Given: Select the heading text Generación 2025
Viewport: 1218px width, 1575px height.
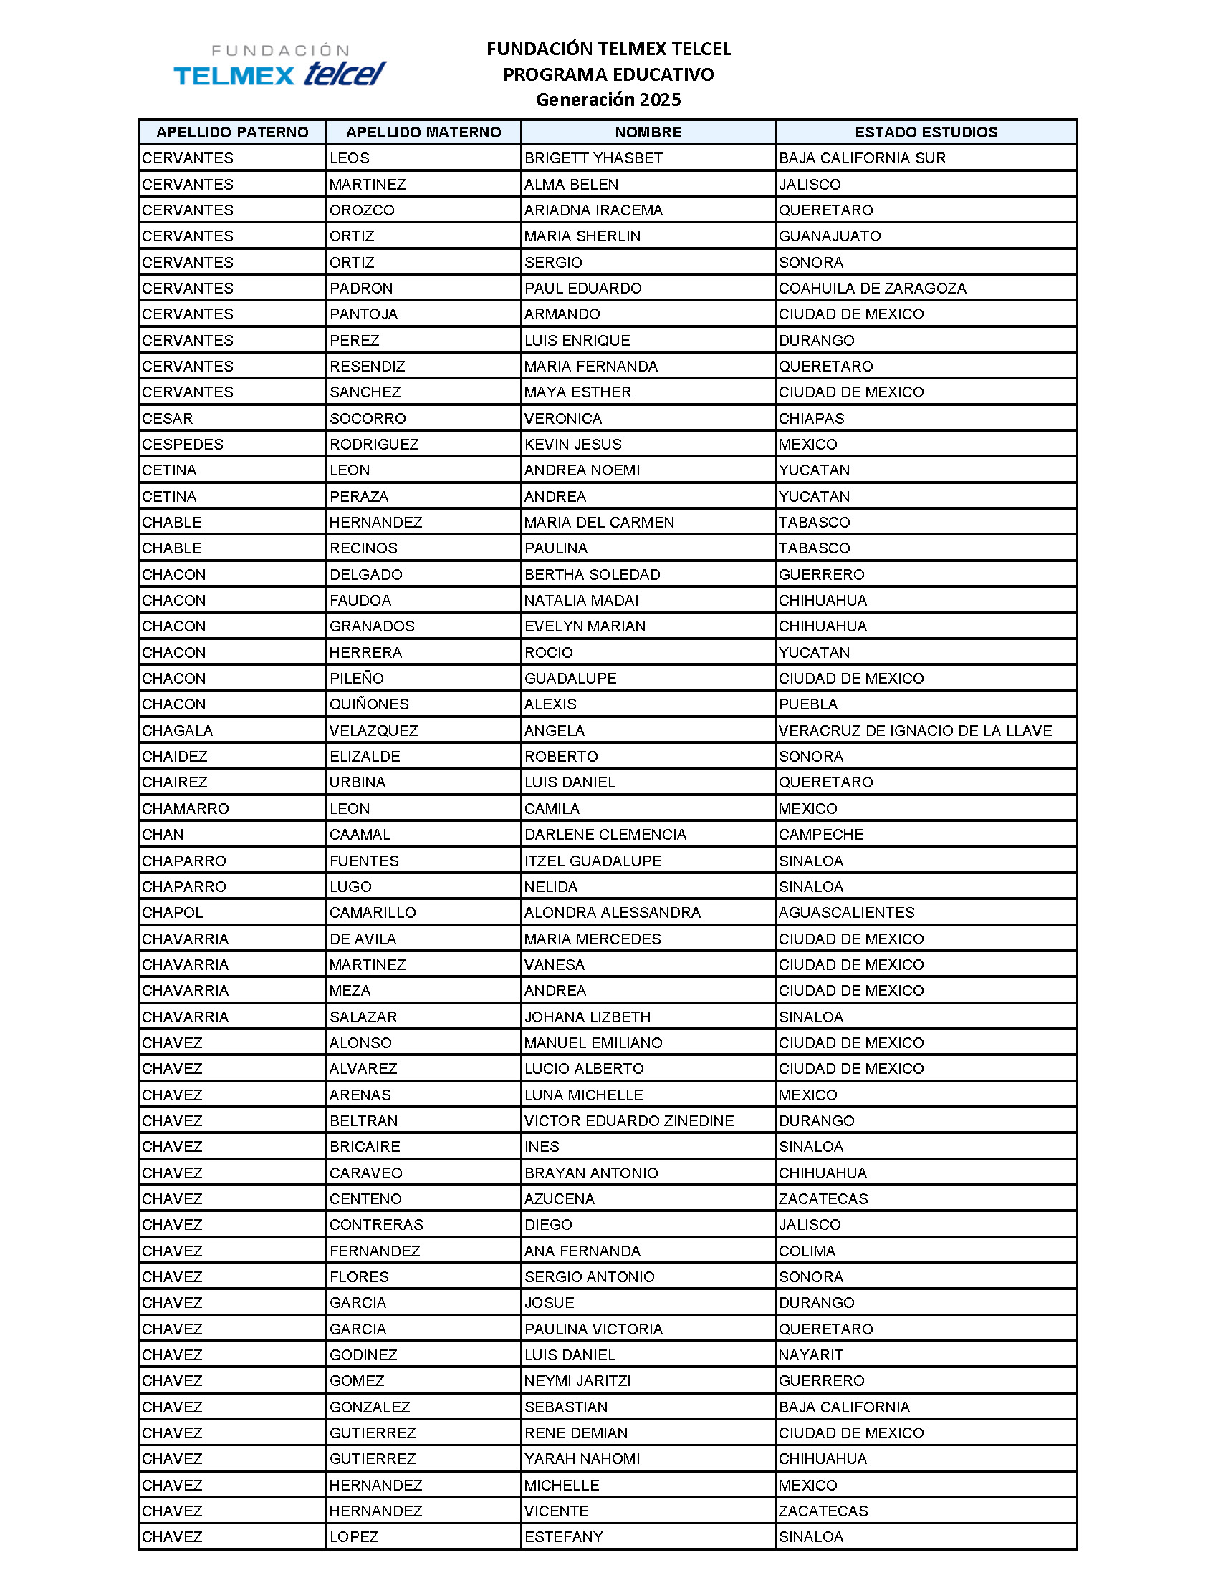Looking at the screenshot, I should pyautogui.click(x=608, y=100).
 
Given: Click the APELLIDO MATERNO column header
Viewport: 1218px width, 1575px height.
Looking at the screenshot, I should pyautogui.click(x=423, y=132).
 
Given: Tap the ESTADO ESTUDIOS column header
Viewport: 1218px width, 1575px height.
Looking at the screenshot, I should pyautogui.click(x=926, y=132).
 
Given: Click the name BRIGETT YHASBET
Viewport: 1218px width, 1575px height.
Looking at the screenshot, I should pyautogui.click(x=593, y=158).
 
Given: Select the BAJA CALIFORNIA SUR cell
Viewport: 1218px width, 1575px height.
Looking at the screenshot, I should pyautogui.click(x=861, y=158).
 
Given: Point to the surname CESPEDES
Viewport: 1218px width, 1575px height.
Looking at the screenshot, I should pyautogui.click(x=183, y=445).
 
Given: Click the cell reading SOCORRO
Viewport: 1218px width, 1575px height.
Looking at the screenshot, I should pyautogui.click(x=368, y=418).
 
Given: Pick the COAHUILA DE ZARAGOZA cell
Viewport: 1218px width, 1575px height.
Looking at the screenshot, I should pyautogui.click(x=872, y=288).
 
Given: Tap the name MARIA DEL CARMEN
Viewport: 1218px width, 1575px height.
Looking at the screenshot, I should pyautogui.click(x=599, y=522).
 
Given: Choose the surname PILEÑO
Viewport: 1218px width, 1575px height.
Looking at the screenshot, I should pyautogui.click(x=357, y=678).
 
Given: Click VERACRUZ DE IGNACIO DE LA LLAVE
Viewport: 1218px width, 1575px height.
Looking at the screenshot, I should pyautogui.click(x=914, y=730).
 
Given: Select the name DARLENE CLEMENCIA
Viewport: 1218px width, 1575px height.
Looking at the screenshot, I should pyautogui.click(x=605, y=834).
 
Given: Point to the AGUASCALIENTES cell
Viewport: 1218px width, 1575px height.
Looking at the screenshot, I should pyautogui.click(x=845, y=912).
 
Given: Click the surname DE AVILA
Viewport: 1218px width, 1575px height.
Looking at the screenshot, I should pyautogui.click(x=363, y=939).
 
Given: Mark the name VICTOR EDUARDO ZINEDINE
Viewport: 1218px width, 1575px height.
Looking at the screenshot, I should pyautogui.click(x=628, y=1120).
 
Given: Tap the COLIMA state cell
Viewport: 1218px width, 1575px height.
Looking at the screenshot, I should pyautogui.click(x=807, y=1251).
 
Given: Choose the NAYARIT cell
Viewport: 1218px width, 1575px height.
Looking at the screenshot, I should pyautogui.click(x=810, y=1354).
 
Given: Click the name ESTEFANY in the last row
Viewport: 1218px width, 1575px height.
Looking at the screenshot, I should pyautogui.click(x=563, y=1537).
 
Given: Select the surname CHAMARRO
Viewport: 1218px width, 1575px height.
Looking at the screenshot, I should pyautogui.click(x=185, y=808).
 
